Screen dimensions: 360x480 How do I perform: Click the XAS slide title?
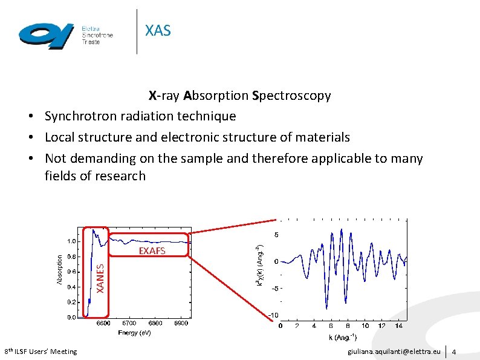[x=158, y=30]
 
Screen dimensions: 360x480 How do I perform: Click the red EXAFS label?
[x=152, y=250]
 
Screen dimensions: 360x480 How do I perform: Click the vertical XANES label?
[x=101, y=276]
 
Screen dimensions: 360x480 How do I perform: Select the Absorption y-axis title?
[x=59, y=269]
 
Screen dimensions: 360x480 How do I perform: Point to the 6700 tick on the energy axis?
[x=129, y=323]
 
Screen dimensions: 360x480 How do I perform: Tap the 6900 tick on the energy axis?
[x=180, y=323]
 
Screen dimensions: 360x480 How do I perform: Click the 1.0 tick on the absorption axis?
[x=71, y=241]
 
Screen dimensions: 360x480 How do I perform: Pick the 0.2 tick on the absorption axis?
[x=71, y=302]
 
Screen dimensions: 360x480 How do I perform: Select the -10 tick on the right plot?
[x=273, y=315]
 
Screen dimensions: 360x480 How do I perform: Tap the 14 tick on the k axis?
[x=398, y=326]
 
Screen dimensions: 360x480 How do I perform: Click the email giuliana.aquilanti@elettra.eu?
[x=394, y=352]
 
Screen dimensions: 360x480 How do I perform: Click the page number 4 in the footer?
[x=454, y=352]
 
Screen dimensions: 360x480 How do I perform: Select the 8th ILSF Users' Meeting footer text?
[x=41, y=352]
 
